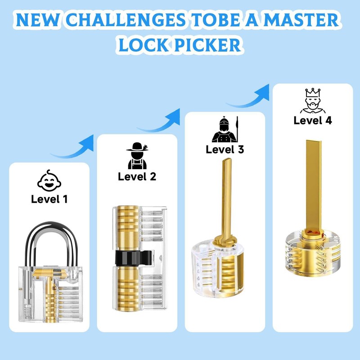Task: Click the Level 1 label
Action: point(49,198)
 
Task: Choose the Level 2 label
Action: point(137,176)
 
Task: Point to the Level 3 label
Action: point(225,149)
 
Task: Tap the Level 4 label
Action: point(313,120)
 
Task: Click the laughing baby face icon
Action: point(49,180)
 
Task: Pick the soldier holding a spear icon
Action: point(225,130)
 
